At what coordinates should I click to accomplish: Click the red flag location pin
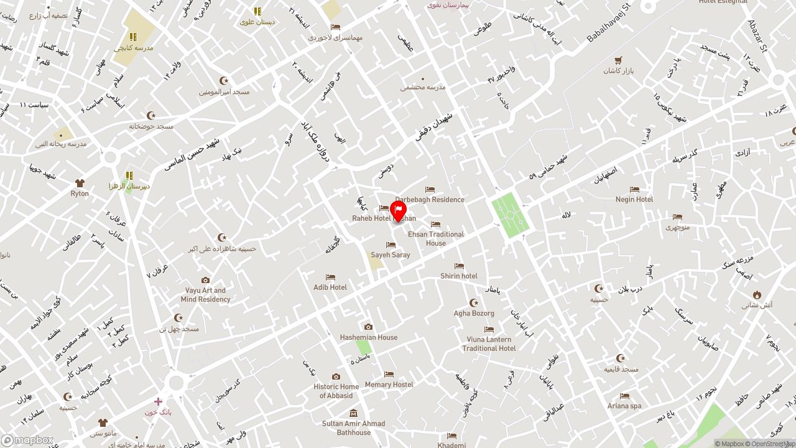pyautogui.click(x=398, y=211)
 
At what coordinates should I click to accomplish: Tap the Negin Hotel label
pyautogui.click(x=634, y=200)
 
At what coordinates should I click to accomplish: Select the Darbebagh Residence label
pyautogui.click(x=430, y=200)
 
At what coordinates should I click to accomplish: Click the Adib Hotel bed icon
pyautogui.click(x=330, y=278)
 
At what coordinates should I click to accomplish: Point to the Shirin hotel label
pyautogui.click(x=459, y=276)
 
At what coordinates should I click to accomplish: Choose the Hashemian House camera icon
pyautogui.click(x=368, y=327)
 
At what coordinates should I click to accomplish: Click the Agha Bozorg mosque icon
pyautogui.click(x=474, y=303)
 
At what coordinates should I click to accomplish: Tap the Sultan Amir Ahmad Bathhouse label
pyautogui.click(x=353, y=428)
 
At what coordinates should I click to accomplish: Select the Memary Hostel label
pyautogui.click(x=389, y=385)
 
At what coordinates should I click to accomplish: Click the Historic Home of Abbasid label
pyautogui.click(x=336, y=391)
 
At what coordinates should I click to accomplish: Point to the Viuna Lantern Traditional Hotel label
pyautogui.click(x=489, y=344)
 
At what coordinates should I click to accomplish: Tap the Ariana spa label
pyautogui.click(x=624, y=406)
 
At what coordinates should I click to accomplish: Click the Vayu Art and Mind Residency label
pyautogui.click(x=206, y=295)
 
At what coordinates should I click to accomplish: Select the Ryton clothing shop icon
pyautogui.click(x=80, y=183)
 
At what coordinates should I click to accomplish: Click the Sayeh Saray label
pyautogui.click(x=391, y=255)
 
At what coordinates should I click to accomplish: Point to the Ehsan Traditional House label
pyautogui.click(x=436, y=239)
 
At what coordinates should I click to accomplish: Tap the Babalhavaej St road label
pyautogui.click(x=608, y=24)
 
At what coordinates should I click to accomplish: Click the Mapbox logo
pyautogui.click(x=27, y=441)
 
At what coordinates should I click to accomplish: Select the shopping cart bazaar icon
pyautogui.click(x=618, y=60)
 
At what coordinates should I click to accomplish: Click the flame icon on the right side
pyautogui.click(x=757, y=294)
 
